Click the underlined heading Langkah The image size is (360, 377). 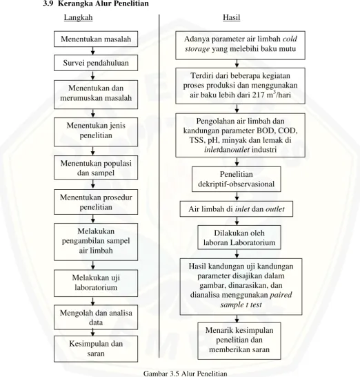coord(78,17)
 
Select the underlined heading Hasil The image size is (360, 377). coord(232,17)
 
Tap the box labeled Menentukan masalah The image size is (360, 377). coord(96,39)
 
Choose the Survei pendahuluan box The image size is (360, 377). coord(96,63)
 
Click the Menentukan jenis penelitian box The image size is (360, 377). coord(96,132)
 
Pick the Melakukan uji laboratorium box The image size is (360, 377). coord(96,283)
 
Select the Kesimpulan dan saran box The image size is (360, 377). coord(96,349)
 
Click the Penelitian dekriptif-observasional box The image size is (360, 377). coord(237,179)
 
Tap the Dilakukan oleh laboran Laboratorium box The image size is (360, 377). coord(239,238)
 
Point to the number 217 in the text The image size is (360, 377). coord(259,95)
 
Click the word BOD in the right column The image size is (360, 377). coord(266,130)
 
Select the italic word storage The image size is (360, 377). coord(197,49)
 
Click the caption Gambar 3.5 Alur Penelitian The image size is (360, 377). coord(185,374)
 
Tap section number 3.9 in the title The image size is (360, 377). coord(48,3)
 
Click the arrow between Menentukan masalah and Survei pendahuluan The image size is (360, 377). coord(93,51)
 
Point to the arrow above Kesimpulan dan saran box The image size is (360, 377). coord(93,333)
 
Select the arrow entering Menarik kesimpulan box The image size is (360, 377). coord(237,319)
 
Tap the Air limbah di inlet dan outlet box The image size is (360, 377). coord(237,209)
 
